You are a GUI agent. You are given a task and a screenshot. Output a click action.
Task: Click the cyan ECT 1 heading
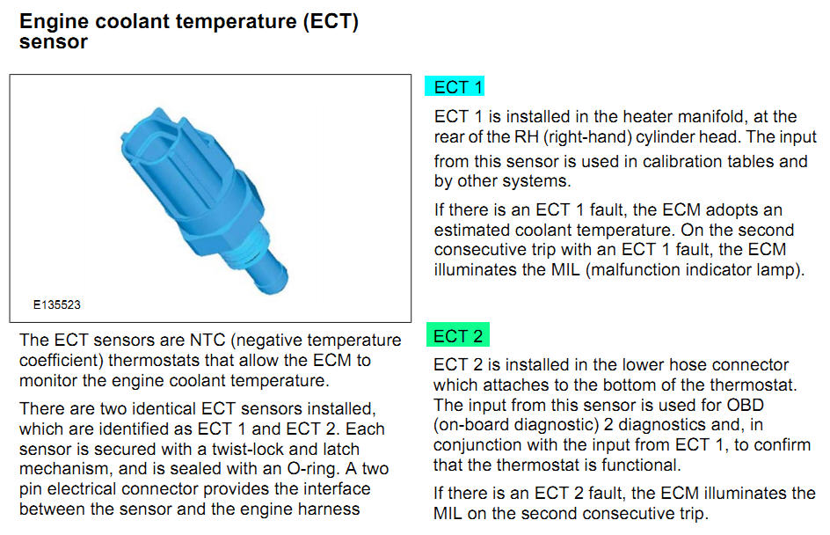point(455,86)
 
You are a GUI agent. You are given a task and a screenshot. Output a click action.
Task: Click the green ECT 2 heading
point(458,335)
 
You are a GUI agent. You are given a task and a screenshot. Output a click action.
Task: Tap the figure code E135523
point(56,305)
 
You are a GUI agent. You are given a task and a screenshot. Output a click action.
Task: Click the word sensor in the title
point(54,42)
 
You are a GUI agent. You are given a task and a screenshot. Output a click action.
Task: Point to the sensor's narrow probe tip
point(272,274)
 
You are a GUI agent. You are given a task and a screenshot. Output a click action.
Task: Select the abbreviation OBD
point(746,406)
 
